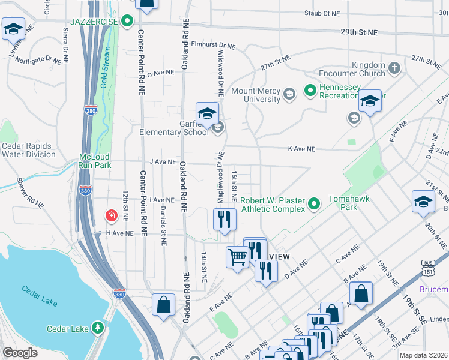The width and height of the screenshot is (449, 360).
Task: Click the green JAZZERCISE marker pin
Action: pyautogui.click(x=127, y=22)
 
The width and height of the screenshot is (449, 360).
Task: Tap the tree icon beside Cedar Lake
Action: pyautogui.click(x=97, y=328)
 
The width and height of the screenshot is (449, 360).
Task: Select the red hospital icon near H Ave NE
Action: pyautogui.click(x=111, y=215)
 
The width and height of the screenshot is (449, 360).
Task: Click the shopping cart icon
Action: pyautogui.click(x=237, y=257)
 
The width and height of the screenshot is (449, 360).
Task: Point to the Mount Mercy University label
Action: pyautogui.click(x=256, y=95)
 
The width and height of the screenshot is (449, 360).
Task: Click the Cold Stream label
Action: pyautogui.click(x=106, y=70)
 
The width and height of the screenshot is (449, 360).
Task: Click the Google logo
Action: pyautogui.click(x=20, y=353)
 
